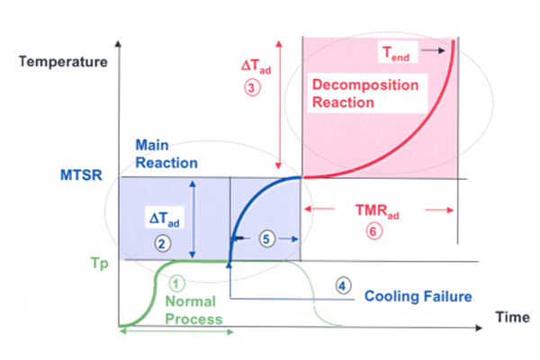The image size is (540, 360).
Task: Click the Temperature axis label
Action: (x=62, y=62)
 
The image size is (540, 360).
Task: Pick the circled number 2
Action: (x=162, y=243)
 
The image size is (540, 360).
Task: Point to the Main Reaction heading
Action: (x=166, y=152)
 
